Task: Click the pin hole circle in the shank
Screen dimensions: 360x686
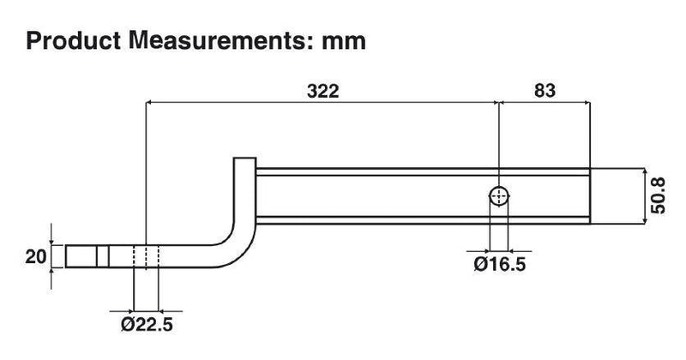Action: [x=499, y=196]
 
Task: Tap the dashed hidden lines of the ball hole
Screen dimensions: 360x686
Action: [x=147, y=258]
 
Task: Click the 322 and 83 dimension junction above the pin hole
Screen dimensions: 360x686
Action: [x=499, y=103]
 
